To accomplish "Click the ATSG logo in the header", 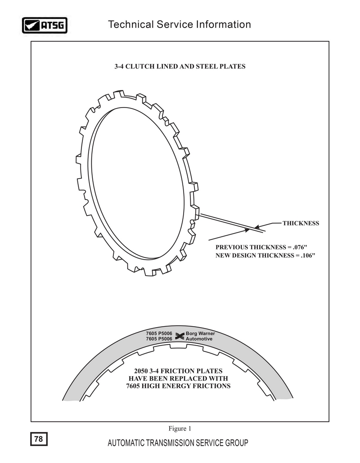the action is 45,25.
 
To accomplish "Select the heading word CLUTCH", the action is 140,67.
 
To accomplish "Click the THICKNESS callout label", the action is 301,223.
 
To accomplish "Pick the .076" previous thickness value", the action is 300,247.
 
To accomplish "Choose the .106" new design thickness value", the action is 308,256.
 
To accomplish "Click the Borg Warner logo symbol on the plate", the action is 179,336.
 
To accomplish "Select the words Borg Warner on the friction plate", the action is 200,333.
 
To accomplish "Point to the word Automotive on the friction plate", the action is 199,339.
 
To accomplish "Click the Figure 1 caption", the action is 180,428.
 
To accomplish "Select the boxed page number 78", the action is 39,439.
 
